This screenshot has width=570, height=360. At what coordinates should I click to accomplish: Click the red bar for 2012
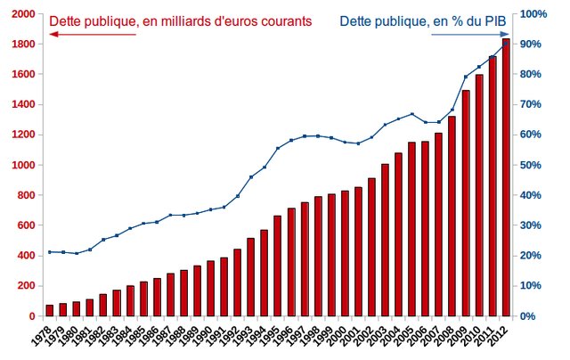(506, 178)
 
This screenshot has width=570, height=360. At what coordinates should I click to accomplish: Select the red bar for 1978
(50, 310)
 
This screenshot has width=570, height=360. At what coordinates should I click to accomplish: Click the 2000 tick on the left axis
(25, 14)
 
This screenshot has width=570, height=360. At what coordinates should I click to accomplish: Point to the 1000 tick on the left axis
(25, 165)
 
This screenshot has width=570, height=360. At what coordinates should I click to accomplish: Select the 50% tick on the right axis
(533, 165)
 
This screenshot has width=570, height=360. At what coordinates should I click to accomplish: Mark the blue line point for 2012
(506, 42)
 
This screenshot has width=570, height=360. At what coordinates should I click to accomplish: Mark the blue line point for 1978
(50, 252)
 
